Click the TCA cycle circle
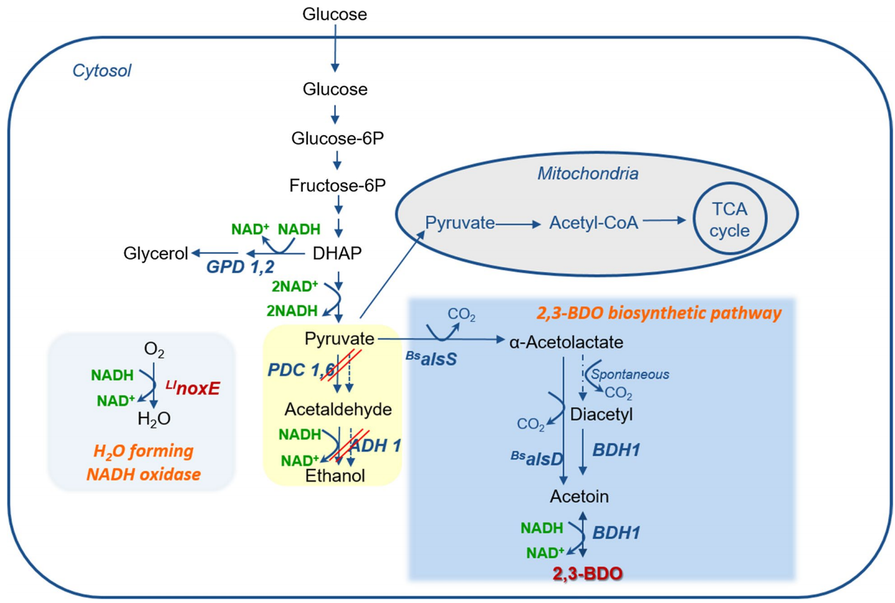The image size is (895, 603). tap(729, 219)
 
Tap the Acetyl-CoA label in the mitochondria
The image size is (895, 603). tap(593, 223)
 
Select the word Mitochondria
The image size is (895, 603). tap(588, 173)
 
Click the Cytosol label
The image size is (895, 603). tap(102, 70)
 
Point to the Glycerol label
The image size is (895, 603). tap(155, 253)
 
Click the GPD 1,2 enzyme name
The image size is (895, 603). tap(240, 268)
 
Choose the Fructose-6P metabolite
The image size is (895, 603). tap(337, 186)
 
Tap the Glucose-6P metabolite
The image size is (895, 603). tap(337, 138)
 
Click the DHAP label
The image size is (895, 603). tap(337, 253)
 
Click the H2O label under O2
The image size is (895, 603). tap(154, 419)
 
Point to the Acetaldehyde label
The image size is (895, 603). tap(338, 409)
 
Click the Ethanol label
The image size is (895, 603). tap(335, 476)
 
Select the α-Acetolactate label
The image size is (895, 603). tap(566, 342)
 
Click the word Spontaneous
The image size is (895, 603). tap(630, 374)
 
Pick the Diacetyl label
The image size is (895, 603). tap(601, 415)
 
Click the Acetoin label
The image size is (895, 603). tap(579, 496)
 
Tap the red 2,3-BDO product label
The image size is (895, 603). tap(587, 573)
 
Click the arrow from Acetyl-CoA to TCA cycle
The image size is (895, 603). tap(664, 220)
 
